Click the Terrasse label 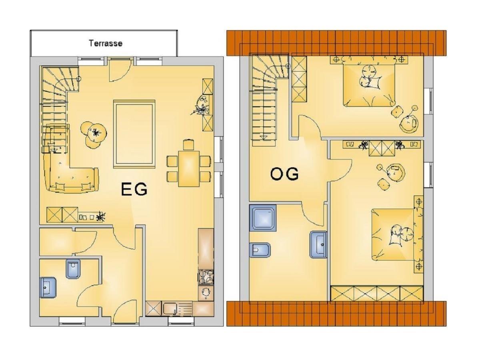point(106,43)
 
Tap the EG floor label point(134,189)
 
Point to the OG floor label point(284,174)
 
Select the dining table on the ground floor point(189,168)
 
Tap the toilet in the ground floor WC point(73,269)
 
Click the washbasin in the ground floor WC point(48,287)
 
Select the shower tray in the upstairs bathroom point(263,218)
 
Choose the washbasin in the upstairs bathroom point(318,244)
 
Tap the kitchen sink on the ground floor point(170,309)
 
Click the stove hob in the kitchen point(206,277)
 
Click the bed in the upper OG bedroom point(369,84)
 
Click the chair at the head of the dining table point(188,144)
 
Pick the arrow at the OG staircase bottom point(264,138)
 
